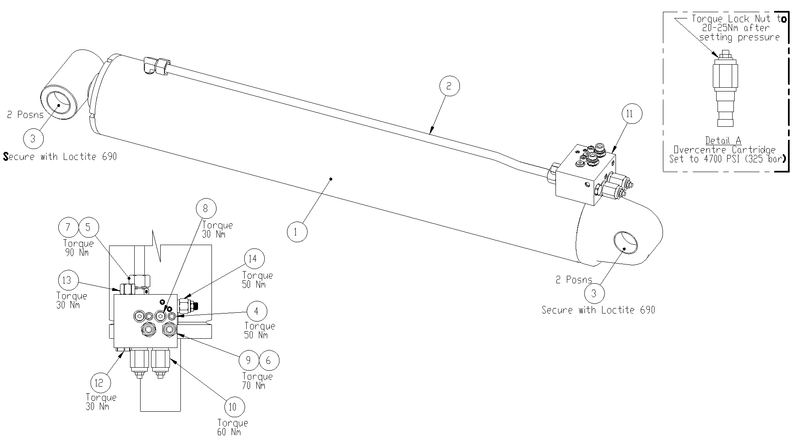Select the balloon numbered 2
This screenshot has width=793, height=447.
point(449,86)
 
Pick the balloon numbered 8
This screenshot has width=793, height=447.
point(205,209)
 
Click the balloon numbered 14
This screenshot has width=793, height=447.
point(253,259)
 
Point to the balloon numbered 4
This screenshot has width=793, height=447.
point(257,311)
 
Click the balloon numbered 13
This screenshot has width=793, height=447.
point(67,280)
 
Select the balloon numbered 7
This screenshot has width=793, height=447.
point(68,227)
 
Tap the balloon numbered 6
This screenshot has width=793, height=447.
point(269,360)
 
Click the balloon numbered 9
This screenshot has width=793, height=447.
point(249,360)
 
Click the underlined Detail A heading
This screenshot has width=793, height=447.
point(723,141)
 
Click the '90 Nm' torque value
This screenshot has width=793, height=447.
point(77,253)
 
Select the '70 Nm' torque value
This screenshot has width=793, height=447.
point(254,385)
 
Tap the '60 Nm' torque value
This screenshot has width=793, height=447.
point(229,432)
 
